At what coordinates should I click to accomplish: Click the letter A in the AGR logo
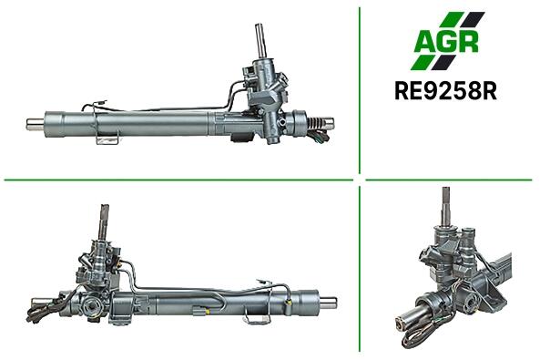tap(426, 41)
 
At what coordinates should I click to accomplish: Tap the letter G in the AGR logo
tap(449, 42)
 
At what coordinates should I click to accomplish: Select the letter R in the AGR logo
tap(469, 42)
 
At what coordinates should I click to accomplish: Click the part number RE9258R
tap(445, 91)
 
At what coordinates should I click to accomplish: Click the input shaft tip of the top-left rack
tap(260, 27)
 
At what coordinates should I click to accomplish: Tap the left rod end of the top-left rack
tap(36, 124)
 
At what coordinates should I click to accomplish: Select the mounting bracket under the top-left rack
tap(107, 138)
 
